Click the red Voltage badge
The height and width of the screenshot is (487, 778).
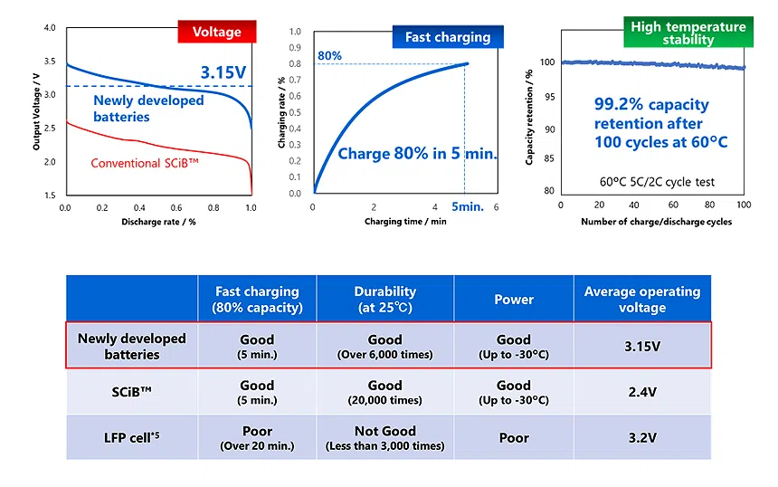[x=216, y=32]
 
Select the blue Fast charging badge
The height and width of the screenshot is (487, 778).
[x=448, y=36]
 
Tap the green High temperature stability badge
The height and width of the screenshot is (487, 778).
[x=688, y=33]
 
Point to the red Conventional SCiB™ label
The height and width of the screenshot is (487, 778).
[x=144, y=164]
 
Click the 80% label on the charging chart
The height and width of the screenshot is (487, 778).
[x=329, y=55]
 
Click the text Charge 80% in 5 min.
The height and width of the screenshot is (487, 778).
[x=417, y=154]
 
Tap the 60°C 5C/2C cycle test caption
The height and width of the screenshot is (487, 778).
[x=658, y=181]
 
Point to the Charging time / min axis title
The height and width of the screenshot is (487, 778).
[x=405, y=221]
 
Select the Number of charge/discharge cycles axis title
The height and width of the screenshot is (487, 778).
[x=656, y=222]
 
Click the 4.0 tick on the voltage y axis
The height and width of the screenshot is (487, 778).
[x=49, y=29]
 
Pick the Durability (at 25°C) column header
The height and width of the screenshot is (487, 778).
[x=384, y=299]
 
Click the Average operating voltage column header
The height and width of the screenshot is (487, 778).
[x=641, y=299]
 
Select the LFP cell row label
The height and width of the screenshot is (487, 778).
[x=132, y=438]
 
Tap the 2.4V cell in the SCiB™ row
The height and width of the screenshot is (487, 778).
[x=641, y=392]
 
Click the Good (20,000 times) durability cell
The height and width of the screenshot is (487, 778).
[x=384, y=392]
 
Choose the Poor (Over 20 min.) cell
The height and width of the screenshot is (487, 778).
[x=257, y=438]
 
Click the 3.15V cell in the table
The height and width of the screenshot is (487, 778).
[x=641, y=346]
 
